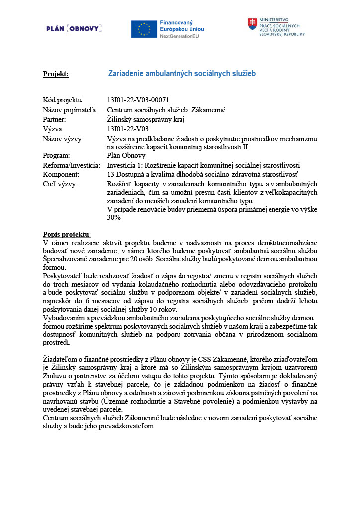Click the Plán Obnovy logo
(74, 29)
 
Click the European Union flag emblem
(144, 29)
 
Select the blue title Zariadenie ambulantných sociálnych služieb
(181, 74)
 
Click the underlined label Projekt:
(56, 74)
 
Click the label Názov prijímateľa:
(70, 110)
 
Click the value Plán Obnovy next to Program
(126, 155)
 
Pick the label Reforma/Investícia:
(72, 165)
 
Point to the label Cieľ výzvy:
(61, 184)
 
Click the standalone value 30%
(114, 218)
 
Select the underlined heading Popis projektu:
(67, 234)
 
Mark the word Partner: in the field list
(54, 119)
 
